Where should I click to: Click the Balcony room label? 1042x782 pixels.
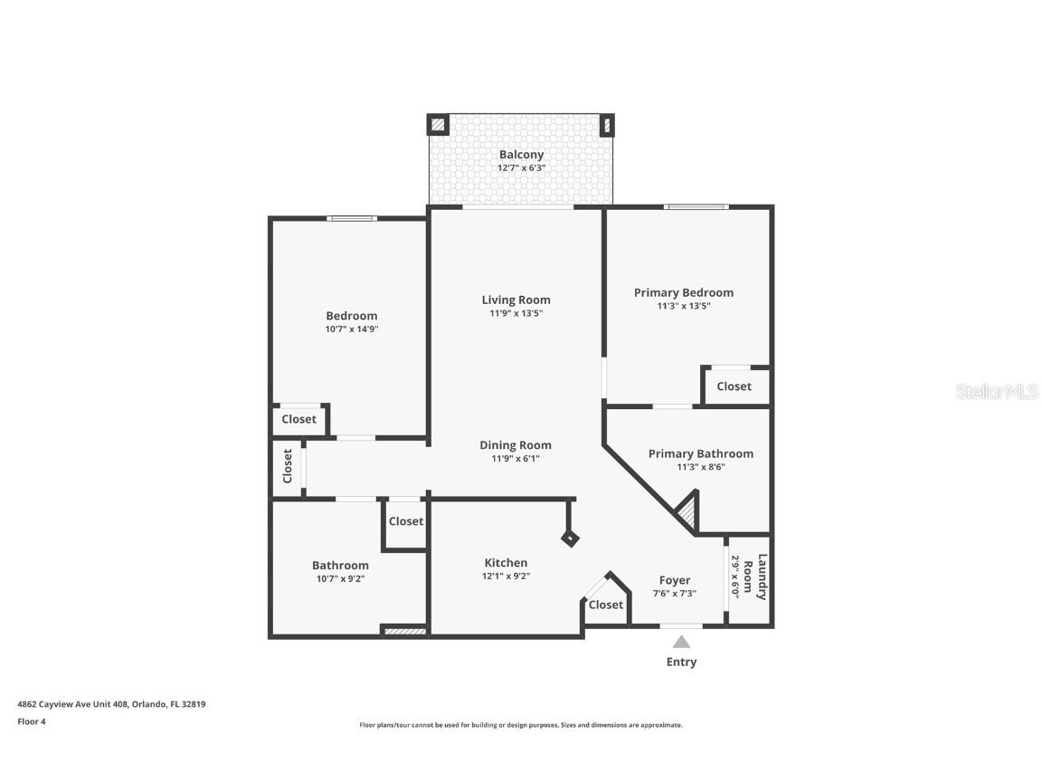click(x=521, y=155)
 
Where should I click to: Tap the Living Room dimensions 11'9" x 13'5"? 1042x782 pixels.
click(x=516, y=314)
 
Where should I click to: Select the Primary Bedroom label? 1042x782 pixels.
click(x=683, y=292)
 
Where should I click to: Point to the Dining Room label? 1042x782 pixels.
click(x=515, y=444)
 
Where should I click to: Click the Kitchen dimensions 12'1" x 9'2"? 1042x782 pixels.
click(x=505, y=576)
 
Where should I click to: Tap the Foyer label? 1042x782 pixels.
click(x=674, y=580)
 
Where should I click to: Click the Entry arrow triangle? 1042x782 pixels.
click(x=681, y=642)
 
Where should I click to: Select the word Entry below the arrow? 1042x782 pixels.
click(x=681, y=662)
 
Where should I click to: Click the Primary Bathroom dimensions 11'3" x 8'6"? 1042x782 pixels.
click(x=700, y=467)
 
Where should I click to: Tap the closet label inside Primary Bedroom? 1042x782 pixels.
click(x=734, y=386)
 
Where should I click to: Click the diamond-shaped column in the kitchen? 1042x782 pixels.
click(x=570, y=538)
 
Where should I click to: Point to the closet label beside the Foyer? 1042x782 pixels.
click(x=605, y=605)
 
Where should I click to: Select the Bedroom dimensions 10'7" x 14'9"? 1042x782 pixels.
click(x=351, y=329)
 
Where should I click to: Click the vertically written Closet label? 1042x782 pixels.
click(x=288, y=466)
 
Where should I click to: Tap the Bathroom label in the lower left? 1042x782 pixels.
click(x=340, y=566)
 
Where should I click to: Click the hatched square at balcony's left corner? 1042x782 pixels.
click(x=438, y=125)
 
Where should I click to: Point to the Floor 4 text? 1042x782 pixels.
click(x=32, y=721)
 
